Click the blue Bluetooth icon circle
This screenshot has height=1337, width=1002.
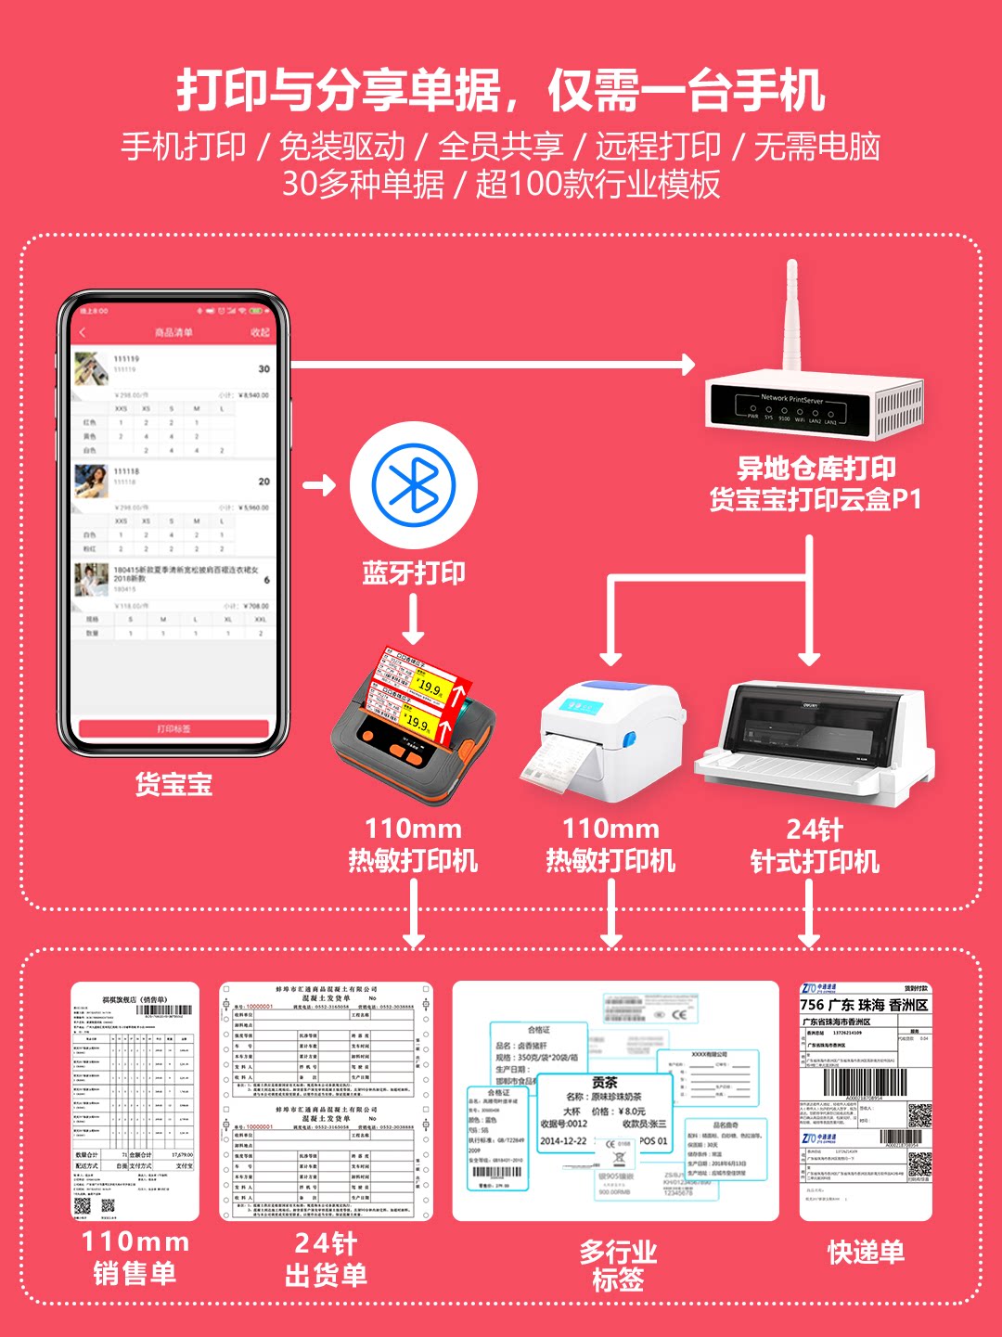click(414, 484)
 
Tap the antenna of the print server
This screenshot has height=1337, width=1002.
click(791, 315)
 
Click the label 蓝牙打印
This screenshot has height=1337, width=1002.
click(414, 572)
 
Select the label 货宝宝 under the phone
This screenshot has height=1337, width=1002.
click(173, 785)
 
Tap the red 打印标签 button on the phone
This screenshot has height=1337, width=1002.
click(173, 728)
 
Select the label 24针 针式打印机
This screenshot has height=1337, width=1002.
click(814, 845)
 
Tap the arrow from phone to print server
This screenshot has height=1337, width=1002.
click(492, 365)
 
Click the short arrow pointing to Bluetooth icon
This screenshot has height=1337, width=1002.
click(318, 484)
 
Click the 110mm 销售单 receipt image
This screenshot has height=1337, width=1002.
click(135, 1100)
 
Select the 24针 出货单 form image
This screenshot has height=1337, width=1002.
click(326, 1100)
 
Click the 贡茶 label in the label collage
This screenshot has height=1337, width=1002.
click(605, 1083)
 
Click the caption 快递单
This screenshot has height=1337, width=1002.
click(866, 1253)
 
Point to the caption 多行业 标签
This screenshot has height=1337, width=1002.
click(617, 1266)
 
